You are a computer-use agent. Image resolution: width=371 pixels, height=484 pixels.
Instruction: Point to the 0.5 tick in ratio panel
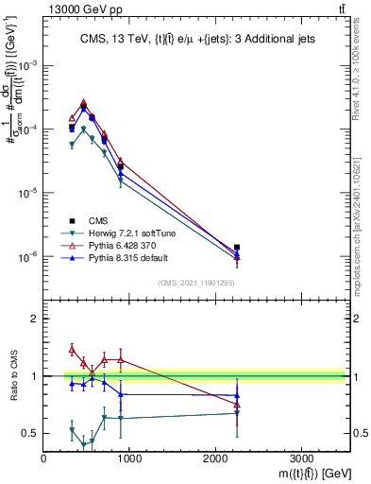(x=30, y=433)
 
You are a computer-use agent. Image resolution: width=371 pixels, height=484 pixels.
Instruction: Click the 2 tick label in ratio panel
(x=35, y=319)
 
